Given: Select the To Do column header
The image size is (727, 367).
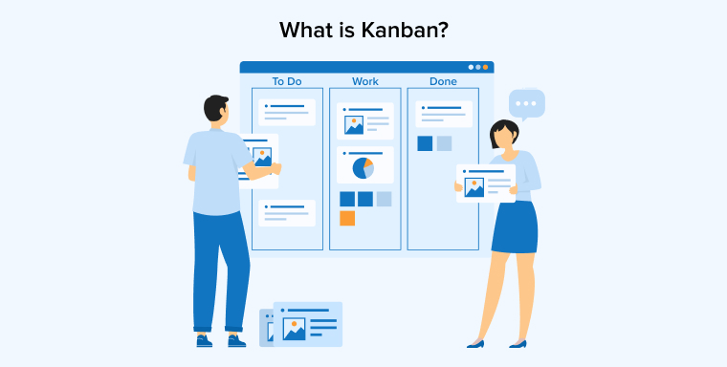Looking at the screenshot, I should pos(286,81).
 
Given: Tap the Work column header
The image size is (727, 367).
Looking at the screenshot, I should pos(364,81).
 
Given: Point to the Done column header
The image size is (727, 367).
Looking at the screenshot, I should pos(443,81).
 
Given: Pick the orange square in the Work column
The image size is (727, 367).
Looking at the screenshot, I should pos(347,218).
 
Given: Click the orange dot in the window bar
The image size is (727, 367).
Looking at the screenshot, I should pos(486,67).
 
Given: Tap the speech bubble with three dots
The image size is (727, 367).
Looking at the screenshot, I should pos(526,102).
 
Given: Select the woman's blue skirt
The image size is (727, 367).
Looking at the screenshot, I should pos(514,227).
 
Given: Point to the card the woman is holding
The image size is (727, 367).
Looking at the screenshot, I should pos(485,183).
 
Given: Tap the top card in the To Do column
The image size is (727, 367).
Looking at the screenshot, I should pos(286,112).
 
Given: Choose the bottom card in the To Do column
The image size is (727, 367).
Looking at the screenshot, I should pos(286,212).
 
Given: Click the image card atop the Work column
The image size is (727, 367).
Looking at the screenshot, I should pos(364,121).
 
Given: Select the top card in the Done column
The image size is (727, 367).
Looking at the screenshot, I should pos(443,114).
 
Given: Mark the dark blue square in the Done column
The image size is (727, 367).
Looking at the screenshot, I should pos(425,143).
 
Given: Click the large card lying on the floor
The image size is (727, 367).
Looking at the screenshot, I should pos(307,323).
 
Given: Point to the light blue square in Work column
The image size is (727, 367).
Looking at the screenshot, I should pos(384,199).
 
